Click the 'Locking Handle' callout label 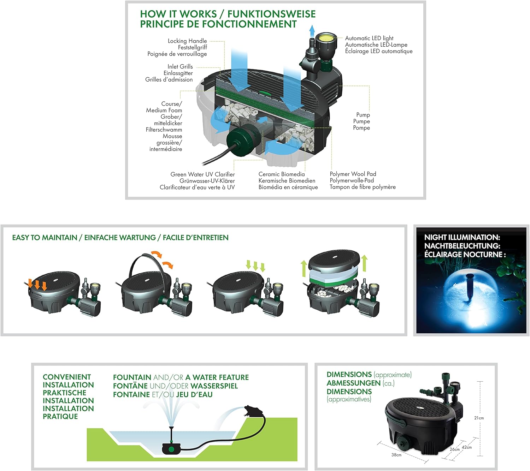click(187, 41)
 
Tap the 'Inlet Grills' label click(180, 67)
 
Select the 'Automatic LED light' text click(369, 38)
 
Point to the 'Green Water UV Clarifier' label click(202, 174)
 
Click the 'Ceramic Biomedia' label click(282, 174)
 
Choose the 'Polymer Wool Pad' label click(353, 174)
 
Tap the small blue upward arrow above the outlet click(312, 31)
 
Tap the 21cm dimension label click(479, 418)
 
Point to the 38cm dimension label click(396, 455)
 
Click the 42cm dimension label click(467, 447)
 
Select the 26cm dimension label click(455, 449)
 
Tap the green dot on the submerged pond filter click(171, 449)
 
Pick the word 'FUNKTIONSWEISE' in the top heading click(272, 14)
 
